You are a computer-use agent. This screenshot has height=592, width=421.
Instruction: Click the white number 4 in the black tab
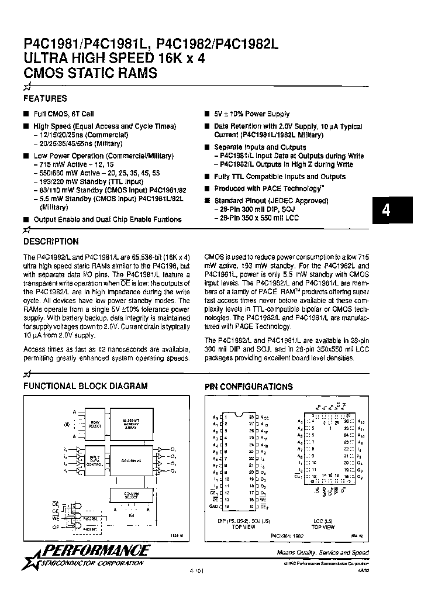386,211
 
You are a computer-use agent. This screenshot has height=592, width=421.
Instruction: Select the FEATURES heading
45,99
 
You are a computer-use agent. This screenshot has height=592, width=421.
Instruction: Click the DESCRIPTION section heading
50,241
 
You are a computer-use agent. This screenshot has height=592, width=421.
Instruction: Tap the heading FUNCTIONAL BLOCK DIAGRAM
85,386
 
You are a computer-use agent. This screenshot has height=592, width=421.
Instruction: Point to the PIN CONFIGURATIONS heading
249,387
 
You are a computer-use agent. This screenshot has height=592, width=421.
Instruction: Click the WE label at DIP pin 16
263,499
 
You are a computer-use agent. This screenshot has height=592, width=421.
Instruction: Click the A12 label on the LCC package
361,421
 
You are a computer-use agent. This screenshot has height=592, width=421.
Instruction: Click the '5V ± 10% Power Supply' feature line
251,115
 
